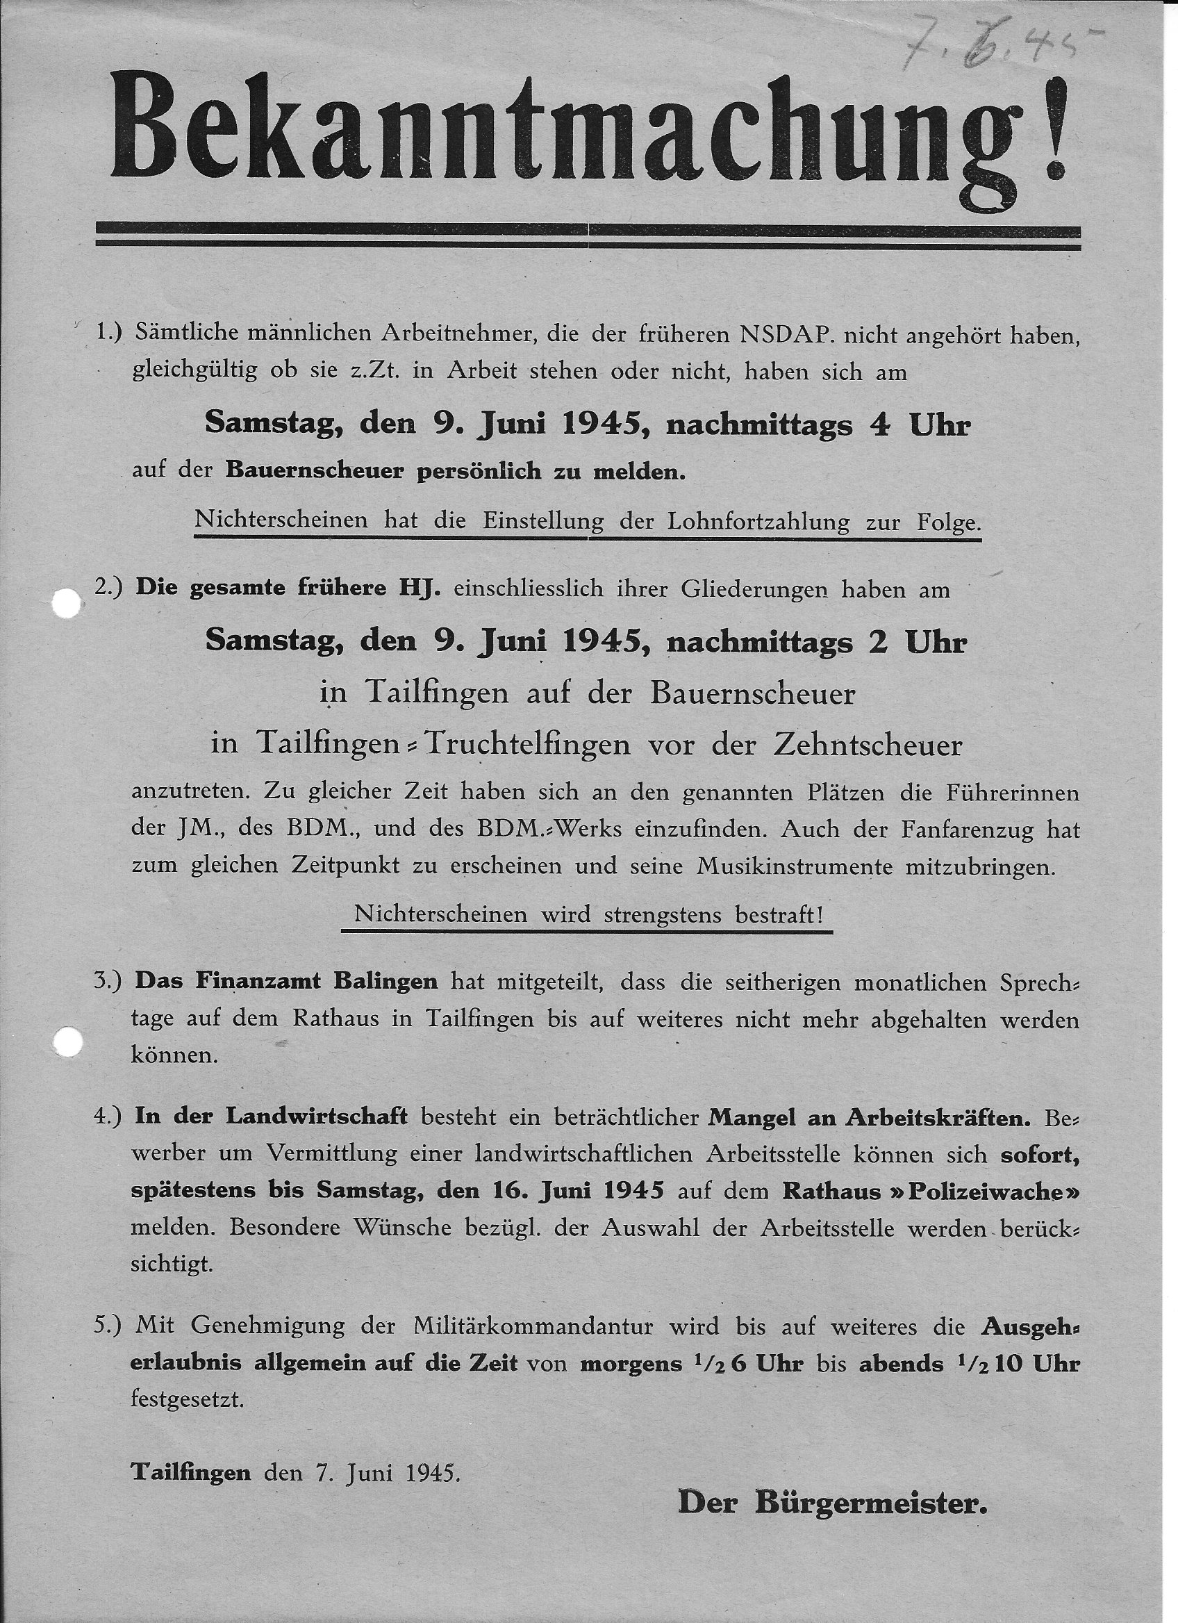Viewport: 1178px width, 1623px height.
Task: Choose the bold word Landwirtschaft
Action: pos(317,1117)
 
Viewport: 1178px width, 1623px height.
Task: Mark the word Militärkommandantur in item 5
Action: pos(533,1326)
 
